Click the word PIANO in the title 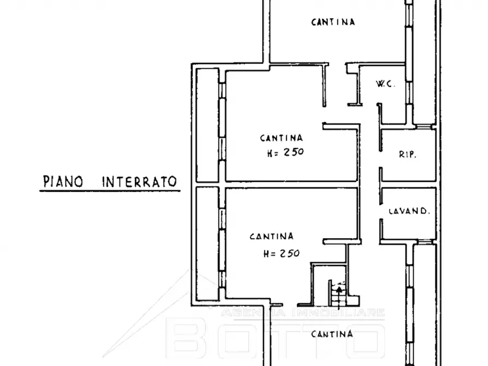click(x=63, y=181)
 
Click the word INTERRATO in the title click(x=140, y=181)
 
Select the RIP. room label click(x=407, y=155)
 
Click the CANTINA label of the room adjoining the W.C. click(x=333, y=22)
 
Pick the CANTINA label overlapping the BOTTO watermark click(x=331, y=334)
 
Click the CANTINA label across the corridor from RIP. click(x=281, y=138)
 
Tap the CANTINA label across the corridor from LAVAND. click(x=272, y=237)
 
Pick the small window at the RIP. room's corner click(x=424, y=127)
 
